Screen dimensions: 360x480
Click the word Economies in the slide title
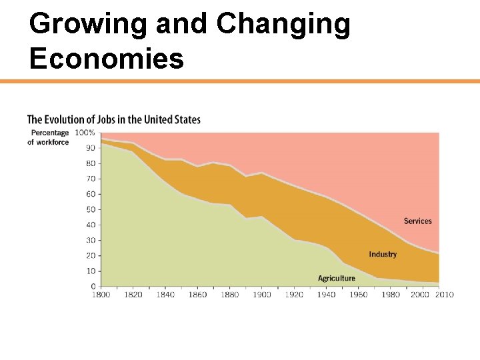click(107, 59)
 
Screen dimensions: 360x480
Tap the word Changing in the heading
click(283, 25)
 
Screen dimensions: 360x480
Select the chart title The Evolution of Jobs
click(113, 120)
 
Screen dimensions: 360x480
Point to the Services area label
click(417, 221)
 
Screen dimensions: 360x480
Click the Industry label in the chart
click(383, 255)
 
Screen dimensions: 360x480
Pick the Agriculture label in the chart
click(337, 279)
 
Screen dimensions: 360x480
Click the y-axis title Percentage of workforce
click(48, 137)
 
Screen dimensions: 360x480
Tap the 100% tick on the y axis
click(85, 133)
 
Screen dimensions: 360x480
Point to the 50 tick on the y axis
click(90, 209)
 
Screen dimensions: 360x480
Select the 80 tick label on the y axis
click(90, 163)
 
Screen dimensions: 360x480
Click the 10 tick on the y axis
click(90, 271)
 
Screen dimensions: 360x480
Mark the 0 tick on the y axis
click(93, 286)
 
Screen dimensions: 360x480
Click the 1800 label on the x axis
click(101, 295)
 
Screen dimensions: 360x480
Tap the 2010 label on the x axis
click(444, 295)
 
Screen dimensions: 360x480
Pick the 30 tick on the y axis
click(90, 240)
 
